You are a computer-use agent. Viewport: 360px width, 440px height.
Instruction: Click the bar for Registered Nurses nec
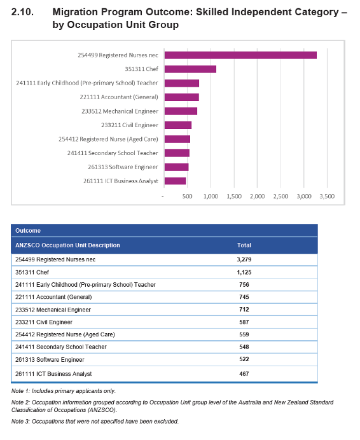(240, 55)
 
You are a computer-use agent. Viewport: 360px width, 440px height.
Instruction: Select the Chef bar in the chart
(190, 69)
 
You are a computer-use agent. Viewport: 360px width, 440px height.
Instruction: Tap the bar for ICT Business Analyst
(175, 181)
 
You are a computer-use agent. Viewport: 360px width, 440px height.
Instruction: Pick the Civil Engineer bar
(178, 125)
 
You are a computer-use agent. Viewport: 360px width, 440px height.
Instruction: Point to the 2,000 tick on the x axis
(257, 196)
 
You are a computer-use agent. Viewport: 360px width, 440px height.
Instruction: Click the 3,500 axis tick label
(327, 196)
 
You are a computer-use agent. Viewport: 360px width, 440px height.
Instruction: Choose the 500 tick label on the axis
(187, 196)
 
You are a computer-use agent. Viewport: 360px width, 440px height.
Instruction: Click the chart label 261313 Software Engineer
(123, 167)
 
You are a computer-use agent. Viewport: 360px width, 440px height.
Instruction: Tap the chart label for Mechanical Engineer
(120, 111)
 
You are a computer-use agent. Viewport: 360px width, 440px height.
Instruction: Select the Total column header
(244, 245)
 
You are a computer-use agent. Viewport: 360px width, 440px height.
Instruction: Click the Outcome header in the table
(28, 231)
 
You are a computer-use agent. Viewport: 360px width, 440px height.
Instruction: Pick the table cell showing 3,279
(244, 259)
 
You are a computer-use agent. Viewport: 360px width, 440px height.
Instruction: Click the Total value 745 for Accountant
(244, 297)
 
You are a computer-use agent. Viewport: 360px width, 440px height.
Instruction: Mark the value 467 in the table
(244, 374)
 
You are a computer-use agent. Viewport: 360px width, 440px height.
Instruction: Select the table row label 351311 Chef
(32, 272)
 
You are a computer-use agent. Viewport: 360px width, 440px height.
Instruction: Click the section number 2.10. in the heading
(22, 12)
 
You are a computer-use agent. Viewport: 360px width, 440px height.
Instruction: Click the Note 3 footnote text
(95, 421)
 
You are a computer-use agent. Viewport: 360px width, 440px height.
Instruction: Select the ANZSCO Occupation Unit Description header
(67, 245)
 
